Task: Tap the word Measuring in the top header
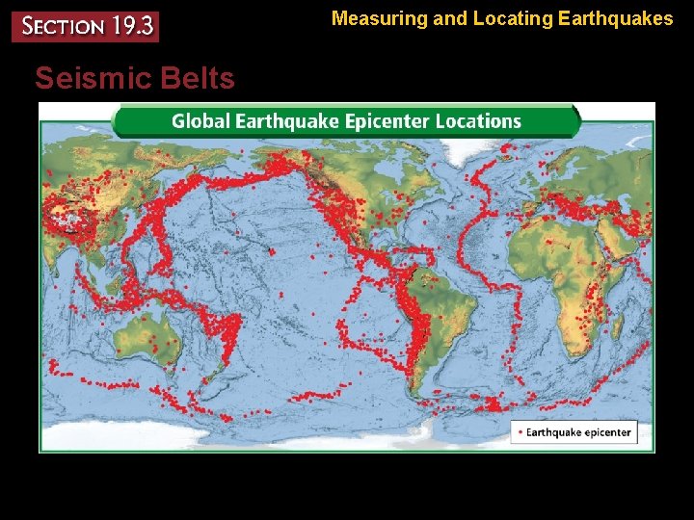click(379, 17)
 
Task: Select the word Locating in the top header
click(508, 17)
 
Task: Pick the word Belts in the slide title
click(200, 78)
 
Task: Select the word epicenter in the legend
click(607, 432)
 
